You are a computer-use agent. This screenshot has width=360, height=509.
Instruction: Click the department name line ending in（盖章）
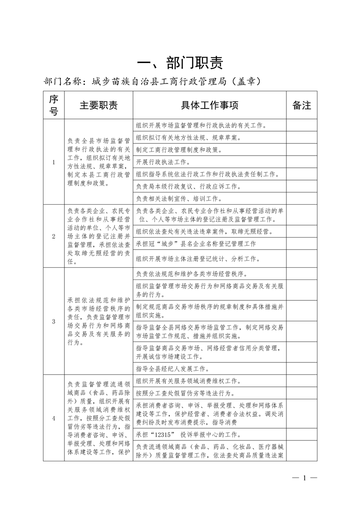(152, 82)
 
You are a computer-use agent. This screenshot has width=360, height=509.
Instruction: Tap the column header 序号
(54, 105)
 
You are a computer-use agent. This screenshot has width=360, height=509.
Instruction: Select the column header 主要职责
(99, 105)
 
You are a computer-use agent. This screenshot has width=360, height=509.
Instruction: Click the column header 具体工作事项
(209, 105)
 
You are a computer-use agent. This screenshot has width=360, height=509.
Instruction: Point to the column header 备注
(301, 105)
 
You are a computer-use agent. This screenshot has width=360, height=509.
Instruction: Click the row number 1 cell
(54, 162)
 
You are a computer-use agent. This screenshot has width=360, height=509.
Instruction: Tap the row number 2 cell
(54, 236)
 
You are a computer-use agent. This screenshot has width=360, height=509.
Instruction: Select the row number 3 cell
(54, 321)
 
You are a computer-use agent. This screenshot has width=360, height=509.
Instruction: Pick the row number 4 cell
(54, 418)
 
